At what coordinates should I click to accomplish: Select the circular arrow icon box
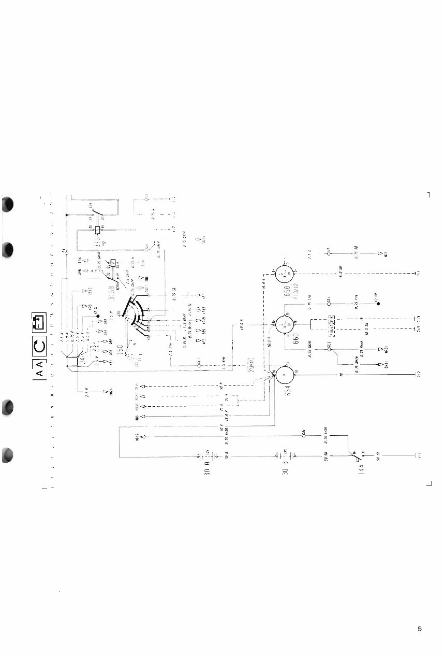point(39,345)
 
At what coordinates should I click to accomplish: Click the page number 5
point(420,629)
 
